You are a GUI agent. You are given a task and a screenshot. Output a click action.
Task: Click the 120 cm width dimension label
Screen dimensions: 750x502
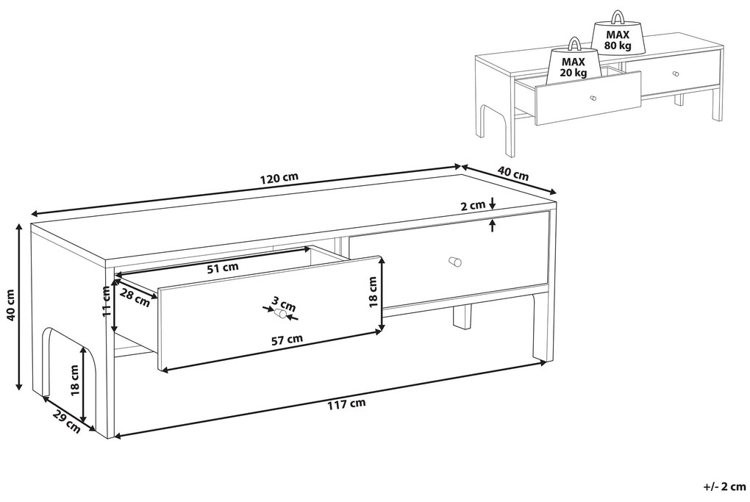(279, 178)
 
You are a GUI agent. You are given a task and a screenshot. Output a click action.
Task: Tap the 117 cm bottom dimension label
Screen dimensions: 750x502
(346, 404)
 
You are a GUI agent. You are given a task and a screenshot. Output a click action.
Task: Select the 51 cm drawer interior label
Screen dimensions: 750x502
(222, 268)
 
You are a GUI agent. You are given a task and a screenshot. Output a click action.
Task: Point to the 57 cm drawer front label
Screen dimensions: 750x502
(287, 340)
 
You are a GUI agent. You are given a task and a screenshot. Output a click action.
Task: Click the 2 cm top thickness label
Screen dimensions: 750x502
(473, 206)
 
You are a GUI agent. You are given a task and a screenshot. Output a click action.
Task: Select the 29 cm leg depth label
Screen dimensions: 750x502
(65, 420)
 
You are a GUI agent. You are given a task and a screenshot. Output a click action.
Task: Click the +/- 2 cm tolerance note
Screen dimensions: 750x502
(725, 487)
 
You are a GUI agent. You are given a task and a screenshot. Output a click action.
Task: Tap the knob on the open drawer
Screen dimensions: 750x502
(280, 314)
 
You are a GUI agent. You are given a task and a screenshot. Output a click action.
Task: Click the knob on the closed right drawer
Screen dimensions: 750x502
(455, 262)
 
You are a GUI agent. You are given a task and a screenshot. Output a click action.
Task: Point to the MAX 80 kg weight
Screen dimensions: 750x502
(618, 34)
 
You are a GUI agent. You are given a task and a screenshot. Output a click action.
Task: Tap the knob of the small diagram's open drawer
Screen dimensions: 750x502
(593, 98)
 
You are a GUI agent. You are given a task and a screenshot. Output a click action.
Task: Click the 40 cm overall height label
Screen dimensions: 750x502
(12, 306)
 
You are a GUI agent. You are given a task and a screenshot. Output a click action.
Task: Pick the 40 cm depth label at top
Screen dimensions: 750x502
(513, 173)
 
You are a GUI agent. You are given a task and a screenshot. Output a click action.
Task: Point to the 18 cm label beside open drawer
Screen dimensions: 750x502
(374, 292)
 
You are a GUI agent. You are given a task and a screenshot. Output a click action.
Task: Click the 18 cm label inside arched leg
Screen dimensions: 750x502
(74, 381)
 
